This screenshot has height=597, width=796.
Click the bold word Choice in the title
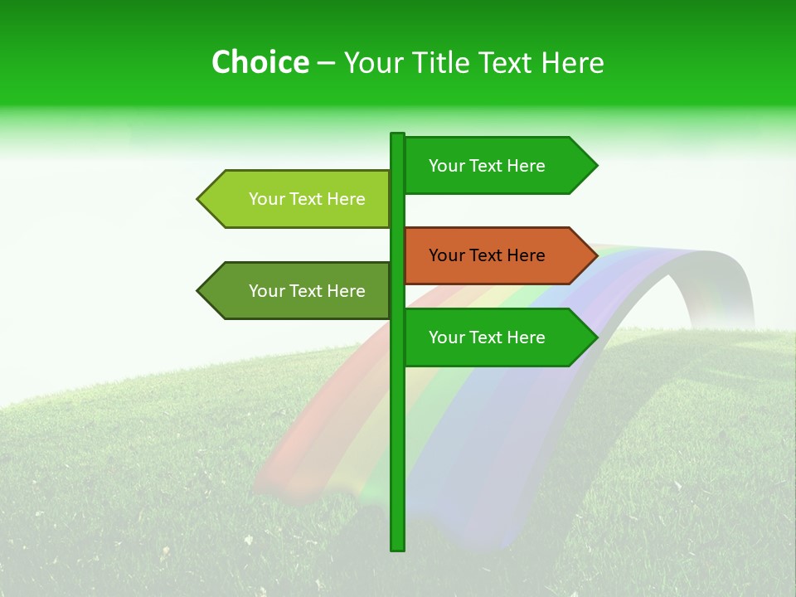[x=260, y=62]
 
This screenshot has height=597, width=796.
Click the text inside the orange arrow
[x=487, y=255]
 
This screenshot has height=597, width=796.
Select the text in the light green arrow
[x=307, y=199]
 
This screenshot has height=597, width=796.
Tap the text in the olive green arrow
[x=307, y=291]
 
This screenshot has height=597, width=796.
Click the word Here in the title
[x=572, y=62]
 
